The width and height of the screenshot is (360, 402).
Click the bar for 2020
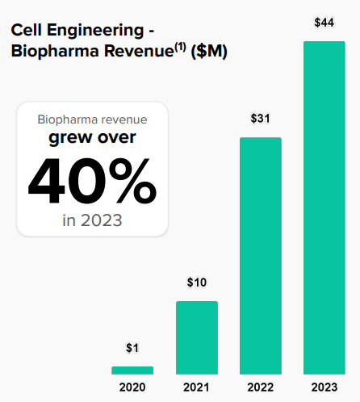click(x=132, y=371)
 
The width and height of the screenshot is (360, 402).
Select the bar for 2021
click(x=197, y=337)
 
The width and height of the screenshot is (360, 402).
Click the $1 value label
click(x=132, y=348)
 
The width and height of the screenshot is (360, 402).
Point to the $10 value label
click(x=197, y=283)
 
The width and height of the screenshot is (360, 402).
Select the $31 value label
click(x=261, y=119)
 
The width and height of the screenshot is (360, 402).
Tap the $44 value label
click(x=324, y=23)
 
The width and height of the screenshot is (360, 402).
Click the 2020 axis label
click(x=132, y=387)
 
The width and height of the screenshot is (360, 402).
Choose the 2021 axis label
click(x=197, y=387)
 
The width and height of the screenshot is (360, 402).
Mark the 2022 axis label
click(x=261, y=387)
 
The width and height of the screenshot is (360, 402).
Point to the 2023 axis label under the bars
click(x=324, y=387)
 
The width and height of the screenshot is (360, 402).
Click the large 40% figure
click(x=92, y=183)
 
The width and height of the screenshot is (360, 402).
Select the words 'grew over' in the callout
click(x=92, y=137)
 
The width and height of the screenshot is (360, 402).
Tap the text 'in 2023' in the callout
click(x=92, y=220)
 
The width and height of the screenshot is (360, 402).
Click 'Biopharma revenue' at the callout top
click(x=92, y=119)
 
